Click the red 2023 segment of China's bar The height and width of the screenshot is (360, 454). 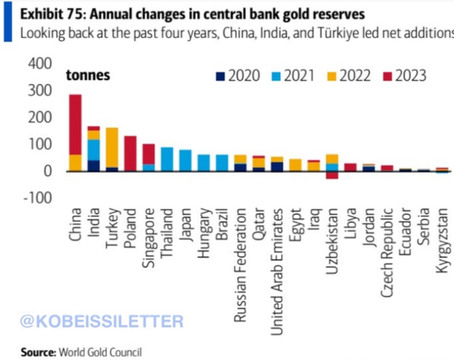[x=76, y=124]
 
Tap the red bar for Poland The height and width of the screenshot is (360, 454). [x=131, y=153]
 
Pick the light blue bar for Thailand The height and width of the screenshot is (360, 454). [x=167, y=159]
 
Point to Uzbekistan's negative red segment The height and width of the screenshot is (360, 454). [x=333, y=175]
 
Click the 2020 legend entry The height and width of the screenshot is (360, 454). [x=238, y=76]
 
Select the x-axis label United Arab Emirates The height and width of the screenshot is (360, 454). [x=278, y=264]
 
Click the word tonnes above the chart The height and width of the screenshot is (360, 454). [x=88, y=76]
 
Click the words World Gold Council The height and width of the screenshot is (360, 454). [x=101, y=352]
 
